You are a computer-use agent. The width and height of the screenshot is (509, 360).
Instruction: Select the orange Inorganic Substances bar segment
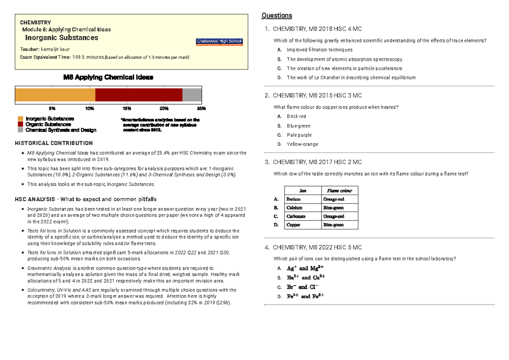pos(55,95)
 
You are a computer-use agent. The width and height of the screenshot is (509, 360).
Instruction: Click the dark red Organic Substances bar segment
pos(139,95)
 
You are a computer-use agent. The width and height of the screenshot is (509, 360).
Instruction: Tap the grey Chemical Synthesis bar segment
pos(192,95)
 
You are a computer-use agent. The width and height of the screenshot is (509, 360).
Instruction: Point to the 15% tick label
pos(127,109)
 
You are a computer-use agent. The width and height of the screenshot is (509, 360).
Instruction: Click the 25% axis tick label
pos(201,109)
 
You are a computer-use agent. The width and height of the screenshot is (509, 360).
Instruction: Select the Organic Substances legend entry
pos(48,125)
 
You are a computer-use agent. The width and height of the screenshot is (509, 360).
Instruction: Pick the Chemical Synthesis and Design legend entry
pos(61,130)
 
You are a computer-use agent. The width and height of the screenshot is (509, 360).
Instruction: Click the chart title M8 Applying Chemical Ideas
pos(108,78)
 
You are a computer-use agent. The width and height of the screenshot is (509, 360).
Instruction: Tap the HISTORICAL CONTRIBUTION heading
pos(54,143)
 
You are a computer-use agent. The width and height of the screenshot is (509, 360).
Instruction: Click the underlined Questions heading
pos(277,16)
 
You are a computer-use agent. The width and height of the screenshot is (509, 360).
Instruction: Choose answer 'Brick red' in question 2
pos(296,116)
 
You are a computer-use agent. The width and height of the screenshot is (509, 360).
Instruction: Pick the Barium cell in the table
pos(294,199)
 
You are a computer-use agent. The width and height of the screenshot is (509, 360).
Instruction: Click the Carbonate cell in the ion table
pos(296,216)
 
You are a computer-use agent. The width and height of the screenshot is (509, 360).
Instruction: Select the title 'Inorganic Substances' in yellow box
pos(62,38)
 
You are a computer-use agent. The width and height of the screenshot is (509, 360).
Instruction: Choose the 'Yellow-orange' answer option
pos(302,144)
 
